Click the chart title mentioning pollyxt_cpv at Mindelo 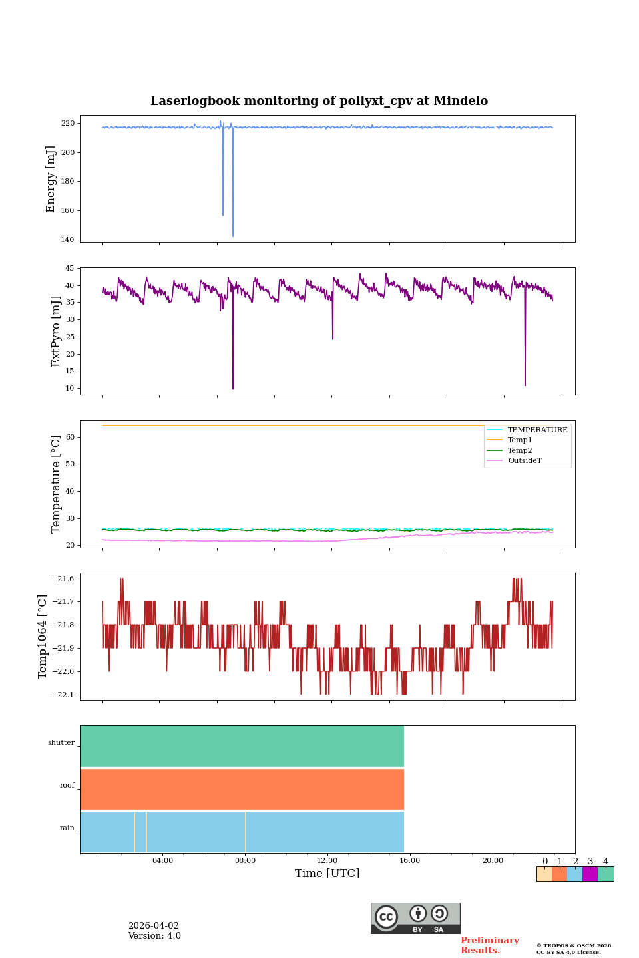(x=319, y=101)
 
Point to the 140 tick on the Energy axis (x=68, y=239)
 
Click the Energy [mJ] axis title (x=51, y=179)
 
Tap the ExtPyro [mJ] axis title (x=56, y=331)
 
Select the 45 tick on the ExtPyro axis (x=69, y=269)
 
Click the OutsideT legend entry (x=525, y=461)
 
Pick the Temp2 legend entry (x=520, y=451)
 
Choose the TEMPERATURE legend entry (x=537, y=430)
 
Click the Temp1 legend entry (x=520, y=440)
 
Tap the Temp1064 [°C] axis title (x=43, y=637)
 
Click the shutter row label (x=61, y=743)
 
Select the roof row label (x=67, y=786)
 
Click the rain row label (x=67, y=828)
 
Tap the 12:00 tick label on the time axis (x=327, y=861)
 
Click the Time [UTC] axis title (x=327, y=874)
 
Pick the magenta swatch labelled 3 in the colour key (x=590, y=874)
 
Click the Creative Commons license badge (x=415, y=918)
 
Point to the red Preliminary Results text (x=489, y=945)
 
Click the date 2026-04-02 (x=153, y=926)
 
